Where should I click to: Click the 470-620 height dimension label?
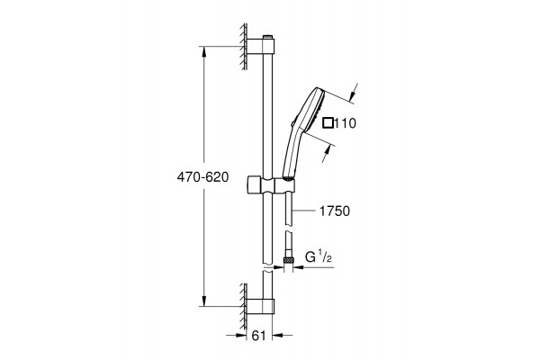point(202,177)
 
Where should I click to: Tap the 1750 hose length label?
point(335,211)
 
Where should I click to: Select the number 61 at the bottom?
point(259,336)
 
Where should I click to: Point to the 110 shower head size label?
point(345,123)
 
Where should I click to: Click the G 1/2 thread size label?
point(319,256)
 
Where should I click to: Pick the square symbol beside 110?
point(328,123)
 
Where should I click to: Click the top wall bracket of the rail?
point(261,47)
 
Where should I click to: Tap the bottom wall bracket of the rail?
point(261,306)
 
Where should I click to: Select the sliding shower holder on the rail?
point(271,186)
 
